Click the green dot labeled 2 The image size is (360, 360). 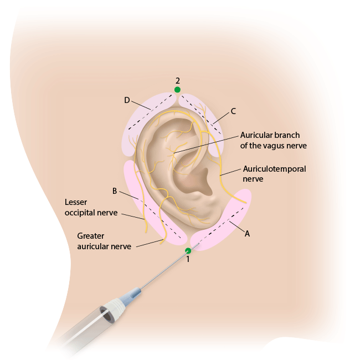tap(177, 90)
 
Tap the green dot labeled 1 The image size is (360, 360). tap(188, 251)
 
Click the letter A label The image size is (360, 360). tap(247, 234)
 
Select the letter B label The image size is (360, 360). tap(115, 191)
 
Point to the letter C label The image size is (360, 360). tap(233, 111)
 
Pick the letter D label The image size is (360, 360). tap(127, 100)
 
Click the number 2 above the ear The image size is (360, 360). tap(177, 81)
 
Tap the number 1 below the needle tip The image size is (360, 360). tap(188, 259)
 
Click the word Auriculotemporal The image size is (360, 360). tap(274, 169)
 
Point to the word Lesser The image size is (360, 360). tap(76, 202)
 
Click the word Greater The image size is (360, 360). tap(91, 236)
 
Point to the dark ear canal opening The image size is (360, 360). tap(198, 181)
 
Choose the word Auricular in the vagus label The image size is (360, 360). tap(255, 135)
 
